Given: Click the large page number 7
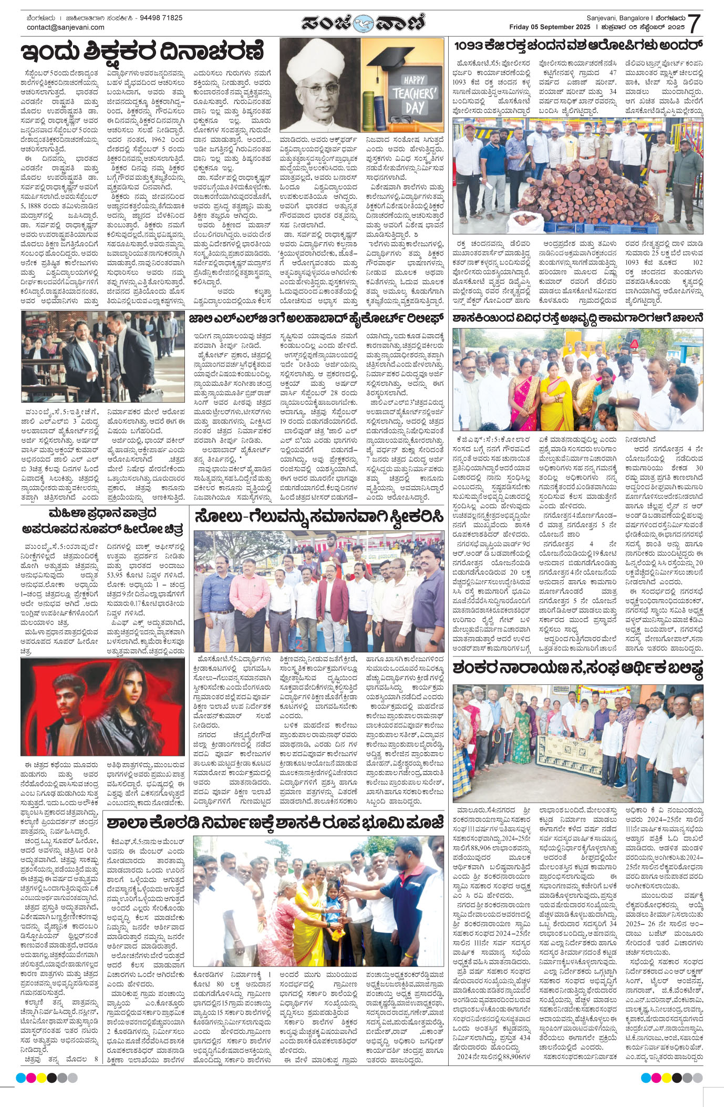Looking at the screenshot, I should coord(695,23).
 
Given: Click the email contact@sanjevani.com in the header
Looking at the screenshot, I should coord(66,27).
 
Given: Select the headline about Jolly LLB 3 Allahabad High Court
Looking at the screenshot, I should coord(316,319).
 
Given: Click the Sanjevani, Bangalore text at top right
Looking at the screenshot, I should coord(617,18).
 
